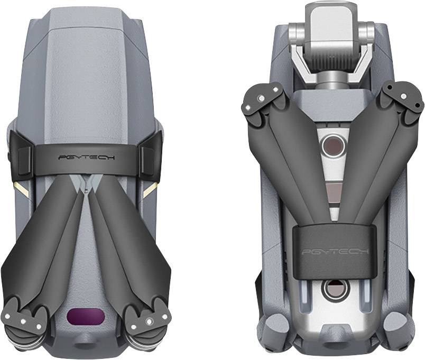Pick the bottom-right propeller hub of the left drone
(143, 319)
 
